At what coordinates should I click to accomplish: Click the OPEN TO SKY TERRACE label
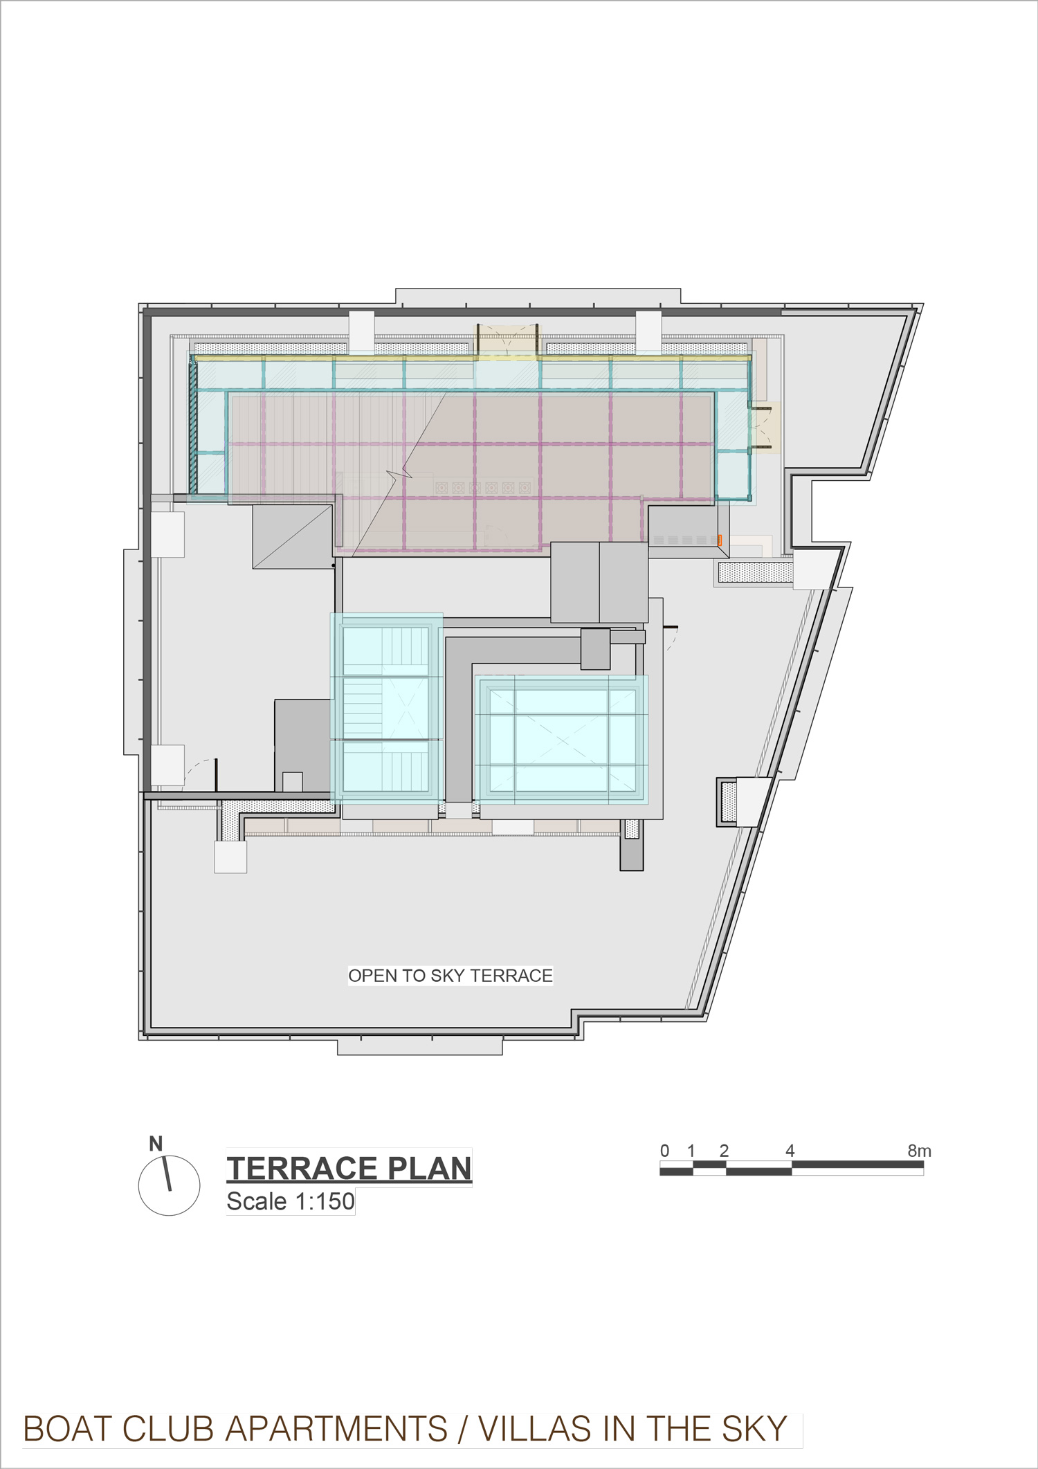[450, 976]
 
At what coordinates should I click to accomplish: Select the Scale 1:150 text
[291, 1201]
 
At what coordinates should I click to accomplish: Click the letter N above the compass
[156, 1144]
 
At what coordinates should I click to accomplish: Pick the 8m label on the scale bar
[920, 1151]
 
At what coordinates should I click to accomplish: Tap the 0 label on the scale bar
[664, 1151]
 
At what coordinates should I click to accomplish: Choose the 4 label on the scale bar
[790, 1151]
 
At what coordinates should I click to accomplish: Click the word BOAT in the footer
[70, 1429]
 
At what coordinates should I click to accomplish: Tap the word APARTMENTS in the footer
[336, 1429]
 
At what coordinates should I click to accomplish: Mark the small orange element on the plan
[720, 540]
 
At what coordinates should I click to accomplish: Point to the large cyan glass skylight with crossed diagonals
[561, 739]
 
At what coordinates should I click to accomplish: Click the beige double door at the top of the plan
[506, 340]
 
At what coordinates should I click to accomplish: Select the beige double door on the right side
[765, 428]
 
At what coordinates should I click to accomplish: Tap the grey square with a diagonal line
[293, 537]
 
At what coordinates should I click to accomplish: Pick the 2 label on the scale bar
[724, 1151]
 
